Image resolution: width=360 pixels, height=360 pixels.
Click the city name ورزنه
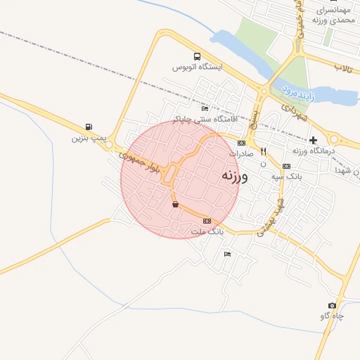(234, 175)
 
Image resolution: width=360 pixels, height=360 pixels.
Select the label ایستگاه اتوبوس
(198, 67)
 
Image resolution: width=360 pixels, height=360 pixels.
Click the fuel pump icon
(87, 127)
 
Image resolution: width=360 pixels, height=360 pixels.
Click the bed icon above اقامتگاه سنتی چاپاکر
(205, 109)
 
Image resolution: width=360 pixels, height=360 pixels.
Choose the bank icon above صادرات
(241, 143)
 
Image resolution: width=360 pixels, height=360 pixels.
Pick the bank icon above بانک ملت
(206, 221)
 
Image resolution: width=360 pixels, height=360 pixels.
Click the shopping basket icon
(175, 205)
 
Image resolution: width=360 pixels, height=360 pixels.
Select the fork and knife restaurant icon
(263, 151)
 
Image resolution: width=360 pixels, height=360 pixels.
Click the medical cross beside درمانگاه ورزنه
(313, 141)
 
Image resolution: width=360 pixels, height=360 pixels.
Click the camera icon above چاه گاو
(332, 306)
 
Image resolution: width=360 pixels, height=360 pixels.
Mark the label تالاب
(342, 67)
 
